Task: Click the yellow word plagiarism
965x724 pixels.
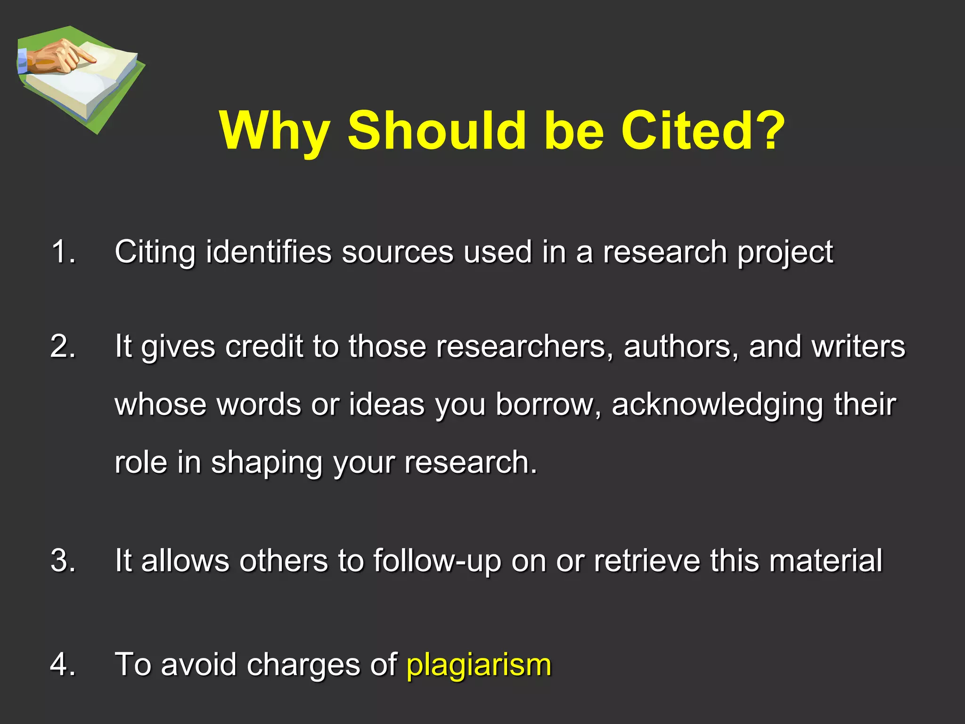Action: [x=479, y=665]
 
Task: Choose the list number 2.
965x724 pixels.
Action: [x=63, y=346]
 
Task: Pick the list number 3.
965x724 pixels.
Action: [x=63, y=561]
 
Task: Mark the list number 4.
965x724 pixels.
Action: [x=63, y=665]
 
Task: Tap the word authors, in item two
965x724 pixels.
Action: [x=681, y=347]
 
